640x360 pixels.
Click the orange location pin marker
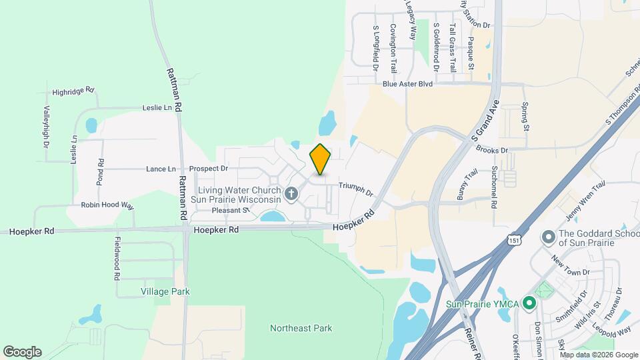[321, 159]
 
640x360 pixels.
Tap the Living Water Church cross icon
[291, 194]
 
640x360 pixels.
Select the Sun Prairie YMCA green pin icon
[529, 304]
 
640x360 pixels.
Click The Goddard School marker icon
[548, 237]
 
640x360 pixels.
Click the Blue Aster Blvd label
[408, 85]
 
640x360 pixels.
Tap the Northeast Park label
[301, 328]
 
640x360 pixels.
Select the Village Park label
[165, 291]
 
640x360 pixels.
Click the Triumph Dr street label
[355, 189]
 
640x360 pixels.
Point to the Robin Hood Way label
[108, 206]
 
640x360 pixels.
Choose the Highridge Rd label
[73, 91]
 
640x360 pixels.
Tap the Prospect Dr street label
[209, 169]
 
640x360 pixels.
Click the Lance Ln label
[161, 169]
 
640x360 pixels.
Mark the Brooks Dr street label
[494, 151]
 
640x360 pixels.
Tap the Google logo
[22, 352]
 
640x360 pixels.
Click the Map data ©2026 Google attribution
[598, 355]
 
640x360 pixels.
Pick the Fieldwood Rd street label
[117, 258]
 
